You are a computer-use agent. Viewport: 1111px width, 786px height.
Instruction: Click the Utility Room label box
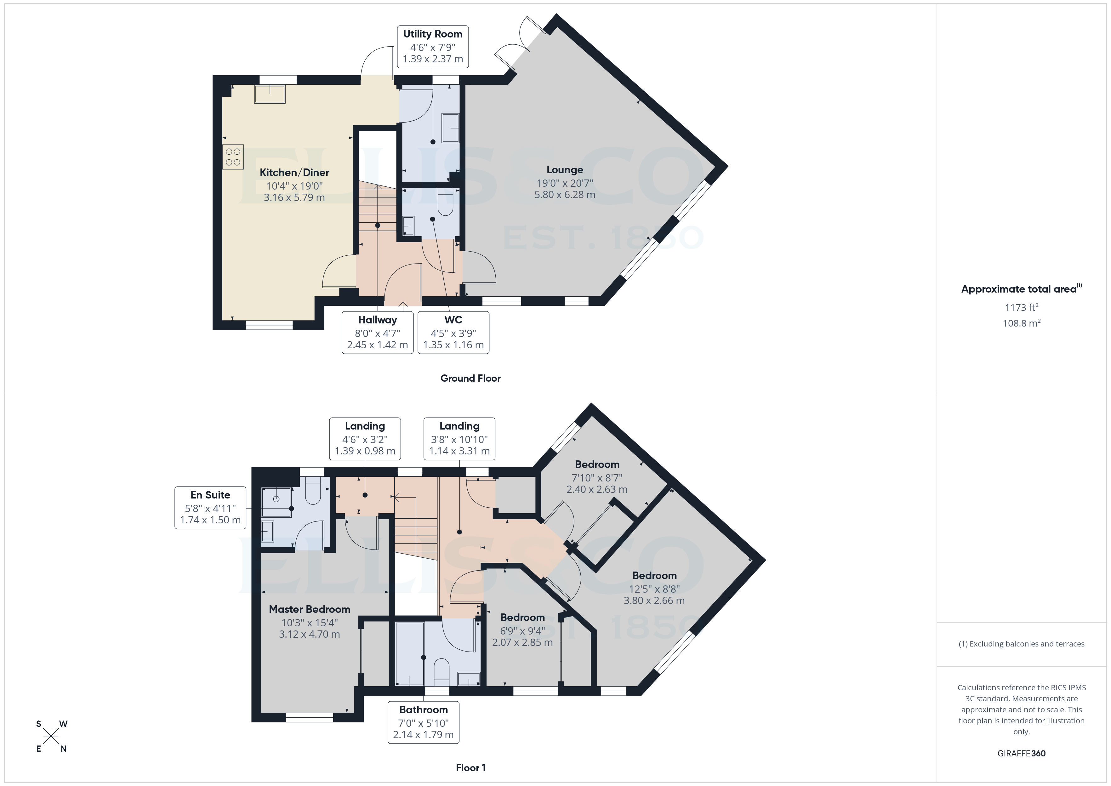coord(433,47)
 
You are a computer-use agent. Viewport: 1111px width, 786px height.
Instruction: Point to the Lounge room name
coord(565,170)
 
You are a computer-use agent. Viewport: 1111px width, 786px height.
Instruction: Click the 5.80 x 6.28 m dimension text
coord(565,195)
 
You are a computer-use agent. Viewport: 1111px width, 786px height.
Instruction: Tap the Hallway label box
coord(378,333)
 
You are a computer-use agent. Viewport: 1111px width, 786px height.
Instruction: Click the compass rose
coord(51,737)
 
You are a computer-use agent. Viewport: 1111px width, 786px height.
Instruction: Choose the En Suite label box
coord(210,507)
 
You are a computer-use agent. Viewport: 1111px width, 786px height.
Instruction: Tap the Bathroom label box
coord(424,722)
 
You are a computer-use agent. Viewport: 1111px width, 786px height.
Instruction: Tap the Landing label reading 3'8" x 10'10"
coord(459,438)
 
